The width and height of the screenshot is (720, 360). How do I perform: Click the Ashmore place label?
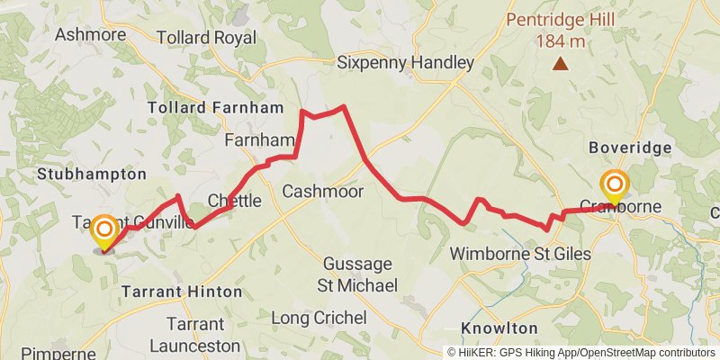91,34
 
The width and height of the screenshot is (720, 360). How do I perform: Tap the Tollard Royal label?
206,38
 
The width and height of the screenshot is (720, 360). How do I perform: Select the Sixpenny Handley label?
405,63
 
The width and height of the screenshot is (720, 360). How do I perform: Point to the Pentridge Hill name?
561,20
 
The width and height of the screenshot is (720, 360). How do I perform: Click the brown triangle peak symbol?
561,63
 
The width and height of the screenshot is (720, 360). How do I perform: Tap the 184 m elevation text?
561,40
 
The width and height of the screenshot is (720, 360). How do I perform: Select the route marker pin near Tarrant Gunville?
104,230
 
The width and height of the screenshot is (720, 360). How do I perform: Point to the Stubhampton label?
91,173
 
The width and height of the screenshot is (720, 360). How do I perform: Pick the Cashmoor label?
322,192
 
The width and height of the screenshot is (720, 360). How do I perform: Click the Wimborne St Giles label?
521,254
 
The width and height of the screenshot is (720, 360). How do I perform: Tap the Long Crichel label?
319,318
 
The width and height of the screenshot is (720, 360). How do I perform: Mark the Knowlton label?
499,328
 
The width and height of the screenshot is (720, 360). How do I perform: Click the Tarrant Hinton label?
182,292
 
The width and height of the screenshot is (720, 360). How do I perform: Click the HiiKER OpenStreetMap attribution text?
581,353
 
